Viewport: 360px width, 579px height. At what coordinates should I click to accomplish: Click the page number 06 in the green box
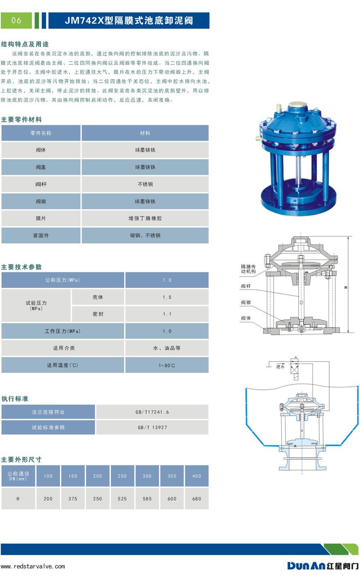(x=16, y=20)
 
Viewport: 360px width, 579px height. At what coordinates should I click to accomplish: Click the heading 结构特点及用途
(x=25, y=44)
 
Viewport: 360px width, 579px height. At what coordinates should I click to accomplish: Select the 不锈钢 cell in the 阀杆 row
(x=145, y=184)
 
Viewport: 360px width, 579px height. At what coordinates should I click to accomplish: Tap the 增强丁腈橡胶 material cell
(x=145, y=218)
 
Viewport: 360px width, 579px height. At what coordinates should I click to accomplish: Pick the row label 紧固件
(x=41, y=235)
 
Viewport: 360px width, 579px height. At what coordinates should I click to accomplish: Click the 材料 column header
(x=145, y=133)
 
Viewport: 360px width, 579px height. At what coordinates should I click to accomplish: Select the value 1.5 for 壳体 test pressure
(x=167, y=297)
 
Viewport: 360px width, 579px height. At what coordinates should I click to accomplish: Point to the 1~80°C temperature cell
(x=167, y=366)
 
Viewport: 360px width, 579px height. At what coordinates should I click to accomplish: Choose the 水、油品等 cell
(x=167, y=348)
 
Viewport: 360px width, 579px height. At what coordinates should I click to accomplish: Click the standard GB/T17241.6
(x=152, y=412)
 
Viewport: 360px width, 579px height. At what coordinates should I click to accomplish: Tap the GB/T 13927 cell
(x=152, y=427)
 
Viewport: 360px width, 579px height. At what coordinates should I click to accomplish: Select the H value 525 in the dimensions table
(x=122, y=499)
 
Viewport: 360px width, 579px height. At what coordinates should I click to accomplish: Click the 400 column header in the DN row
(x=197, y=476)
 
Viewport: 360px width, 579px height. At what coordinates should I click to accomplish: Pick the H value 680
(x=197, y=499)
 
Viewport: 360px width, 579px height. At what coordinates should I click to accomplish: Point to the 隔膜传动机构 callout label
(x=248, y=269)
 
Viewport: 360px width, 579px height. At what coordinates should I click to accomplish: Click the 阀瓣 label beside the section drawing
(x=246, y=303)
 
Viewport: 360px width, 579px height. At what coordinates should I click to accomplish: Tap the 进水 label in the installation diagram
(x=280, y=366)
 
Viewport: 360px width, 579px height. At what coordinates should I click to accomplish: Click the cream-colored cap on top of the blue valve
(x=297, y=105)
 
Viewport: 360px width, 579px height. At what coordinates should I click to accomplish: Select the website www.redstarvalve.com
(x=33, y=566)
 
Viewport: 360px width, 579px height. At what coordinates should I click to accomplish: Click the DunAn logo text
(x=306, y=565)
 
